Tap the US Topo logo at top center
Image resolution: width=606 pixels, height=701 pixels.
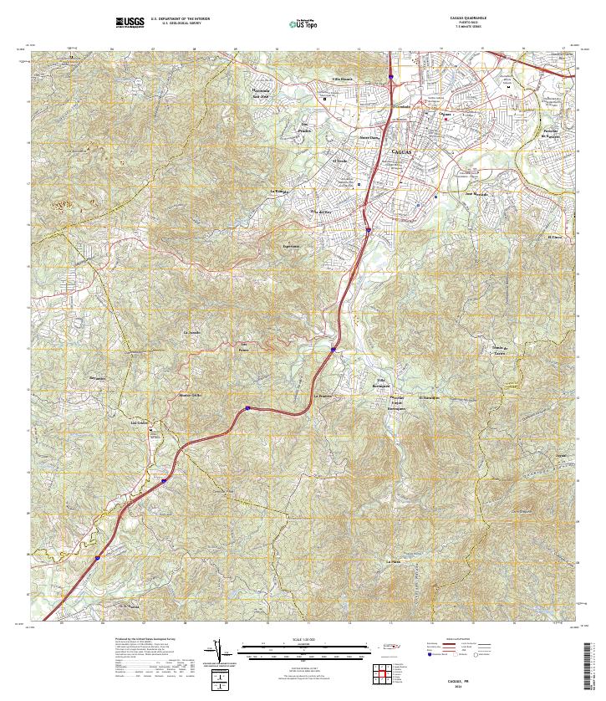pyautogui.click(x=306, y=23)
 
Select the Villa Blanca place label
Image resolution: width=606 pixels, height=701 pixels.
pyautogui.click(x=344, y=78)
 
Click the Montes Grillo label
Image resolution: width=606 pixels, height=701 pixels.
pyautogui.click(x=191, y=394)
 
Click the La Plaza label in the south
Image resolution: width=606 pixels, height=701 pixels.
pyautogui.click(x=394, y=560)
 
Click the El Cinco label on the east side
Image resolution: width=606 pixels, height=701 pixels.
pyautogui.click(x=555, y=237)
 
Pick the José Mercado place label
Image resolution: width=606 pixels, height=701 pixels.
pyautogui.click(x=476, y=195)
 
